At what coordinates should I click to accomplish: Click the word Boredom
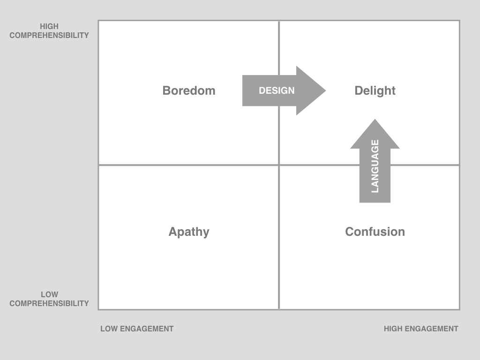[x=189, y=90]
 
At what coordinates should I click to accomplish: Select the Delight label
[x=375, y=91]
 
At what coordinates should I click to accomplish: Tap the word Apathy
[x=189, y=232]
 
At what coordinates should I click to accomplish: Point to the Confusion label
[x=375, y=232]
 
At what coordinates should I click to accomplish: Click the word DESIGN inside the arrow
[x=277, y=90]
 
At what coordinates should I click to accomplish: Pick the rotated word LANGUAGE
[x=375, y=166]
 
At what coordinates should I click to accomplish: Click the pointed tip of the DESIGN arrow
[x=326, y=90]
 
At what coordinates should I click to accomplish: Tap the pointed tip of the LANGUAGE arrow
[x=375, y=120]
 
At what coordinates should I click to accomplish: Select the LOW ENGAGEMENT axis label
[x=137, y=329]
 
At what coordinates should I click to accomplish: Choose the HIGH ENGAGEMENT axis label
[x=421, y=329]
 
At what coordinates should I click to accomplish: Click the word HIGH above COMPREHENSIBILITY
[x=49, y=26]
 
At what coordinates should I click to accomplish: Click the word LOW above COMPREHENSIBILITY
[x=49, y=294]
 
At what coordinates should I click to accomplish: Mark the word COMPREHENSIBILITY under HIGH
[x=49, y=36]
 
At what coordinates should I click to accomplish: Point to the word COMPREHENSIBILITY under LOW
[x=49, y=304]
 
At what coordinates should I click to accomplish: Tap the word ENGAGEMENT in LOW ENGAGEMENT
[x=147, y=329]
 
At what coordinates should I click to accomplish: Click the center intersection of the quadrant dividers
[x=279, y=165]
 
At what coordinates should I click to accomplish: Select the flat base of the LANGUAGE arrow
[x=375, y=202]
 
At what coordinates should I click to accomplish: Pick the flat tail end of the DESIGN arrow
[x=243, y=90]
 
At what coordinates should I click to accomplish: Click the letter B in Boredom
[x=166, y=90]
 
